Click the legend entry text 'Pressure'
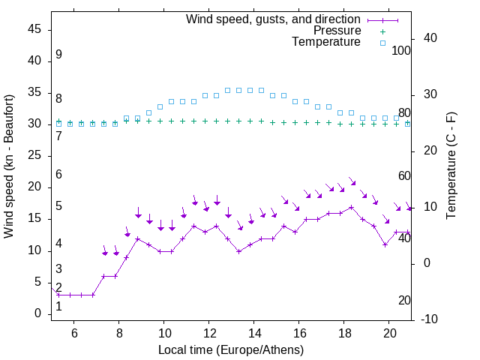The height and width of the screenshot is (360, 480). click(337, 31)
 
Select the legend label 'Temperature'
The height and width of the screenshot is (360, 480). click(326, 43)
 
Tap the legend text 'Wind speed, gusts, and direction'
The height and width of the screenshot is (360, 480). click(274, 19)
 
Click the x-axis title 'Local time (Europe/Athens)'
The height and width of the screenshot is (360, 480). click(231, 349)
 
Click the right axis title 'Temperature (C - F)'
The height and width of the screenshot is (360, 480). click(451, 166)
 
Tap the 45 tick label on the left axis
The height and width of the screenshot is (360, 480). click(34, 29)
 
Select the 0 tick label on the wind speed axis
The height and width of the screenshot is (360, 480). click(37, 313)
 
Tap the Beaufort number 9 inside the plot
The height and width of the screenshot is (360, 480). click(58, 55)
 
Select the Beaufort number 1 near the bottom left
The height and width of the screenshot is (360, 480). click(58, 306)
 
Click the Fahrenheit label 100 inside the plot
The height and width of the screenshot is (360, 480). click(402, 50)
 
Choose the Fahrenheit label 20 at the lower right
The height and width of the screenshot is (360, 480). click(404, 301)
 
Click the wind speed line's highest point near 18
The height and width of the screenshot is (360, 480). click(351, 207)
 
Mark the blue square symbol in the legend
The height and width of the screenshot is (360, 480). click(382, 43)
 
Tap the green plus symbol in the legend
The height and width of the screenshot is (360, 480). click(382, 31)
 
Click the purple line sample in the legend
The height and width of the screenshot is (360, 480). click(382, 19)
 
